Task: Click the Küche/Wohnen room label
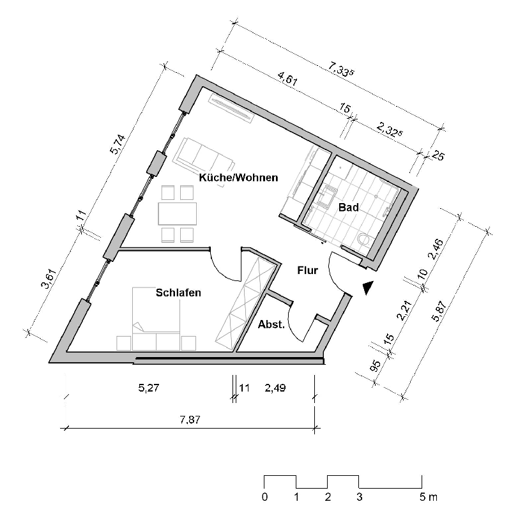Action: (238, 178)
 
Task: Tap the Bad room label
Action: (349, 208)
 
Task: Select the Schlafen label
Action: (179, 293)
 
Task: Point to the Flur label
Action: (307, 271)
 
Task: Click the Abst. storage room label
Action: (270, 324)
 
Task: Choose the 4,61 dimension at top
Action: (287, 82)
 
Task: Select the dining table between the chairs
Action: (177, 213)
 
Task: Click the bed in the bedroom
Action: (156, 313)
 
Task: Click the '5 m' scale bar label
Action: (425, 496)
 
